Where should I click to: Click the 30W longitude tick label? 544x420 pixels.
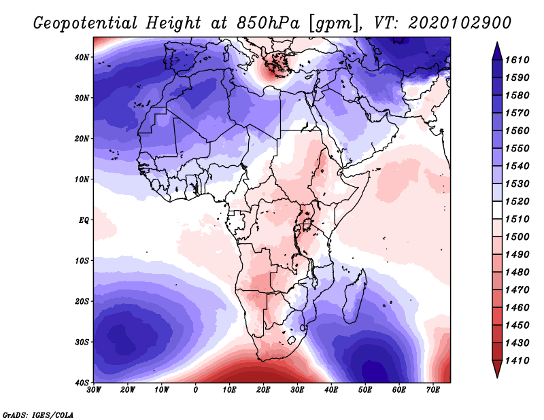click(x=94, y=389)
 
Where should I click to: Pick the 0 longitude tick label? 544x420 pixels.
click(x=196, y=389)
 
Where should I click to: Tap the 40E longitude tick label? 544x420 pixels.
click(x=331, y=389)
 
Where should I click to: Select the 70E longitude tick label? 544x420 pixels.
click(x=433, y=389)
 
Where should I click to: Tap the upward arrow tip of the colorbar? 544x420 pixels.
click(x=497, y=45)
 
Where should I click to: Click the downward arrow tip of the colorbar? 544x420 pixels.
click(x=497, y=374)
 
